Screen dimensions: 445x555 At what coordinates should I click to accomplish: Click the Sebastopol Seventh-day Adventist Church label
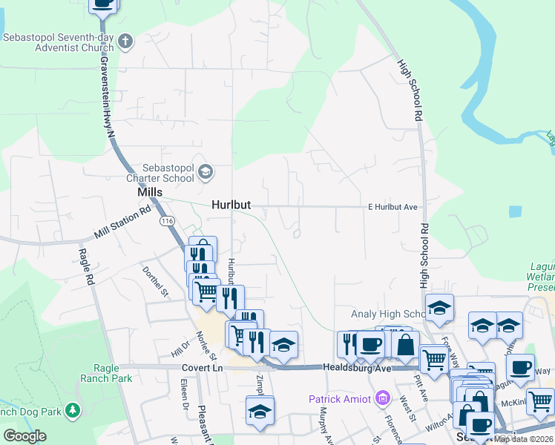tap(57, 42)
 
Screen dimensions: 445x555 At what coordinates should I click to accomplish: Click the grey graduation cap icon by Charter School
tap(206, 174)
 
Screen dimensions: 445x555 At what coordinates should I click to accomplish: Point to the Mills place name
tap(150, 192)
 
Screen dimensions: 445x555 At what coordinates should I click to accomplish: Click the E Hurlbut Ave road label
tap(395, 207)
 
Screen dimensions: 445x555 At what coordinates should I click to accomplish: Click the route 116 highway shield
tap(167, 221)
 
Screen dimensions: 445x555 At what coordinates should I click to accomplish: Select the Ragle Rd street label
tap(88, 267)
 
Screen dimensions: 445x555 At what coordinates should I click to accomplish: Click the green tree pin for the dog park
tap(72, 409)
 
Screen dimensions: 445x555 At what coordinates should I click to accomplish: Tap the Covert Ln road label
tap(202, 368)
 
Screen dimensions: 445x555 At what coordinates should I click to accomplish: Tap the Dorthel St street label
tap(157, 283)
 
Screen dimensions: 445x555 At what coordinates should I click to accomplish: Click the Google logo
tap(24, 436)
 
